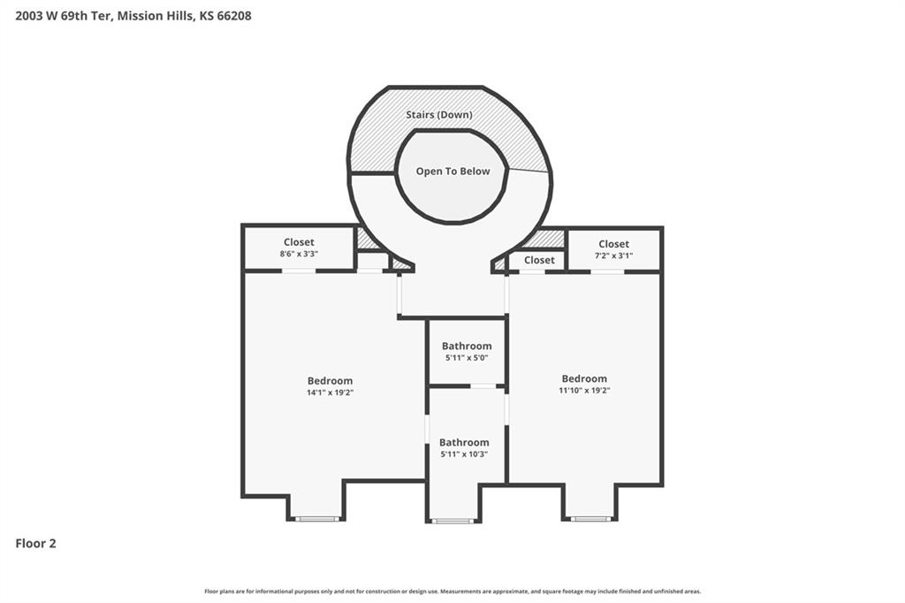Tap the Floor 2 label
[35, 544]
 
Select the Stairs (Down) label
[439, 114]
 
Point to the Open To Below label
[453, 171]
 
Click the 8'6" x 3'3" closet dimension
[299, 254]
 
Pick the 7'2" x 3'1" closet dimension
[614, 256]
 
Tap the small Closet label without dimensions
[539, 260]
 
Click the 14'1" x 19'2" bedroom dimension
[331, 393]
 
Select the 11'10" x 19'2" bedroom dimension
[584, 390]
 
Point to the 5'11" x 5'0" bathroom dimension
[467, 357]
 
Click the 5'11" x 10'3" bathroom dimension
[464, 454]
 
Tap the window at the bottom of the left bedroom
[317, 519]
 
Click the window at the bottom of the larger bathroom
[453, 521]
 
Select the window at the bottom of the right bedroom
[590, 519]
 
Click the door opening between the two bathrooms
[483, 385]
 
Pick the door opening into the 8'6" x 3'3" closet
[299, 271]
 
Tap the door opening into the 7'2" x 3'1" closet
[607, 271]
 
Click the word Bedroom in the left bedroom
[331, 380]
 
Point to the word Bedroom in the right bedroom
[584, 378]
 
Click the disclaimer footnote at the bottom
[452, 592]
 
